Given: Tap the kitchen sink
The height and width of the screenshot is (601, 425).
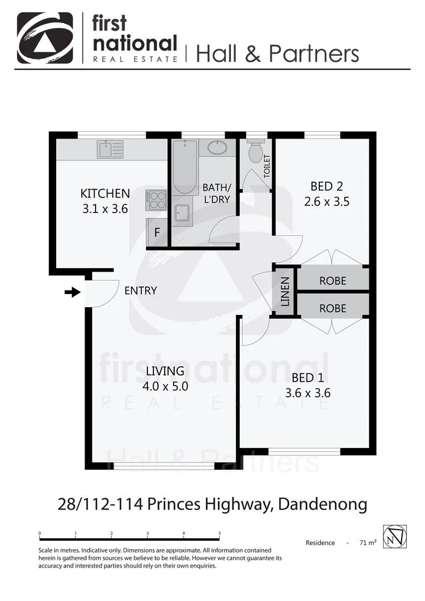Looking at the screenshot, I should point(110,149).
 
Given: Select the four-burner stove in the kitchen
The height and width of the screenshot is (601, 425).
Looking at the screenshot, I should point(156,199).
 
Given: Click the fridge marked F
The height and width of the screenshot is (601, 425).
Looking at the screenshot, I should point(157,233).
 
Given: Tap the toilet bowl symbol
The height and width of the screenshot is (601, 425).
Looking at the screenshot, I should point(256,152).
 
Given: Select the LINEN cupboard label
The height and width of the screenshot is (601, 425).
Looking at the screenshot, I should point(285,291).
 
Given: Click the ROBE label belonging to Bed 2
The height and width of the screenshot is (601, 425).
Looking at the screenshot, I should point(333,281).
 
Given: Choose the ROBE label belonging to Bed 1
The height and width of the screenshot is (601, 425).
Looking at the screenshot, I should point(333,308).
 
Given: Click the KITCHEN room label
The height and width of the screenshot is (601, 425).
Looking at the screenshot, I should point(105,194).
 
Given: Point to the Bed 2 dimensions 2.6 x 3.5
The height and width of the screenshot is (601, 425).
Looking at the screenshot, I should point(327,202).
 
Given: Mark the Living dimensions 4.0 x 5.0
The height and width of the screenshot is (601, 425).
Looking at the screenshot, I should point(165,386).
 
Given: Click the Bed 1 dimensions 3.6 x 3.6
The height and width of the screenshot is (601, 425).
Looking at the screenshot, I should point(308,393).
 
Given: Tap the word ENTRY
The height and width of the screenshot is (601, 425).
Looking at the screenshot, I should point(140,290).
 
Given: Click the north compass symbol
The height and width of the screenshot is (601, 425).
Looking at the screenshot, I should point(395,536).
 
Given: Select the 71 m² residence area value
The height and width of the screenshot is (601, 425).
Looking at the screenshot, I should point(368,543).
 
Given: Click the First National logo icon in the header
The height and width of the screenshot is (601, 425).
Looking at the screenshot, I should point(45,38).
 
